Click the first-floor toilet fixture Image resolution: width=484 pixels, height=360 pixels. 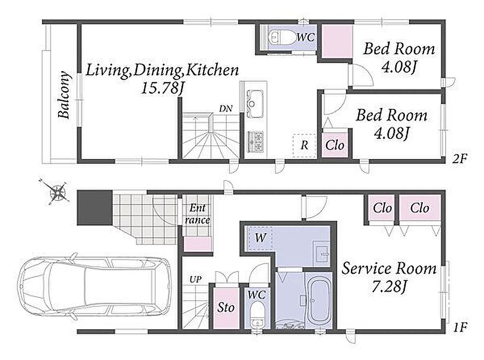coord(257,315)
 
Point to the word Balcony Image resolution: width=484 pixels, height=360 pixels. coord(64,95)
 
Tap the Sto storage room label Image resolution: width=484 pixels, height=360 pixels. coord(226,307)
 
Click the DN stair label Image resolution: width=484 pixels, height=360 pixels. coord(226,109)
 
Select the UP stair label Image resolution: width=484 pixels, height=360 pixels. coord(195,280)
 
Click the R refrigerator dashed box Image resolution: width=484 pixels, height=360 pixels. coord(305,146)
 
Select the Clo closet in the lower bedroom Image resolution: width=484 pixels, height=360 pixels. coord(335,145)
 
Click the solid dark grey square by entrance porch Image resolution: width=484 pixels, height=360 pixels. coord(95,207)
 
